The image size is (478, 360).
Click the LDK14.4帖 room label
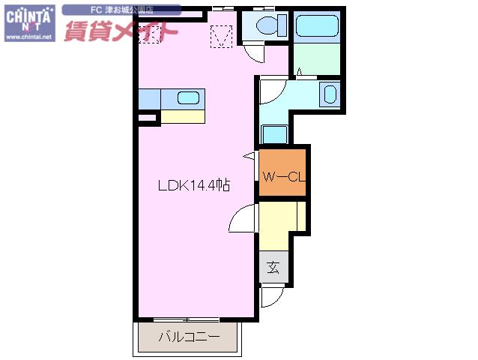(194, 185)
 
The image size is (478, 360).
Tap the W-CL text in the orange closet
(284, 177)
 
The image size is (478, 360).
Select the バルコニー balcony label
(189, 337)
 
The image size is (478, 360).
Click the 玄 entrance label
(273, 267)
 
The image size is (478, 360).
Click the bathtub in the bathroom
(317, 26)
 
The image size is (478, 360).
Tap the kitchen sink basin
(188, 98)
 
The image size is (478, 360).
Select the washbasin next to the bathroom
(330, 94)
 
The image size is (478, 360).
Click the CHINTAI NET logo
(29, 23)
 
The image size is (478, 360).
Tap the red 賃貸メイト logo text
(121, 31)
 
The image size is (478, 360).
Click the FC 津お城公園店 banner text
(121, 10)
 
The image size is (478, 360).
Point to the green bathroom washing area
(317, 59)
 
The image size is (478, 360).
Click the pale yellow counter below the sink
(183, 116)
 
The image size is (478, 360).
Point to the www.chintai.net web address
(29, 37)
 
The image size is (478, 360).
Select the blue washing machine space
(274, 134)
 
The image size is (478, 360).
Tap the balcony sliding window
(187, 319)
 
